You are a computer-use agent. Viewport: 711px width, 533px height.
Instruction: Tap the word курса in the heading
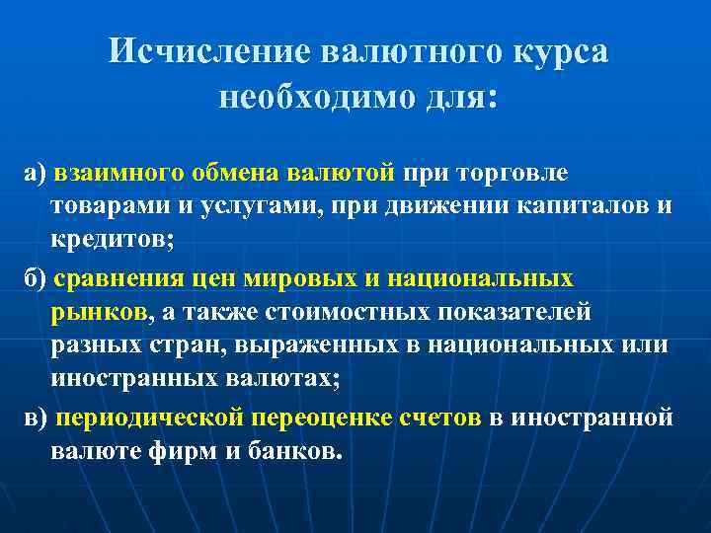pyautogui.click(x=560, y=52)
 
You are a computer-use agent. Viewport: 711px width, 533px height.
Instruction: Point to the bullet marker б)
pyautogui.click(x=37, y=278)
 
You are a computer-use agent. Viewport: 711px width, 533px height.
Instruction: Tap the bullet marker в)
pyautogui.click(x=37, y=417)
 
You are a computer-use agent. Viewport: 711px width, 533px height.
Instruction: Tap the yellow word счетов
pyautogui.click(x=439, y=417)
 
